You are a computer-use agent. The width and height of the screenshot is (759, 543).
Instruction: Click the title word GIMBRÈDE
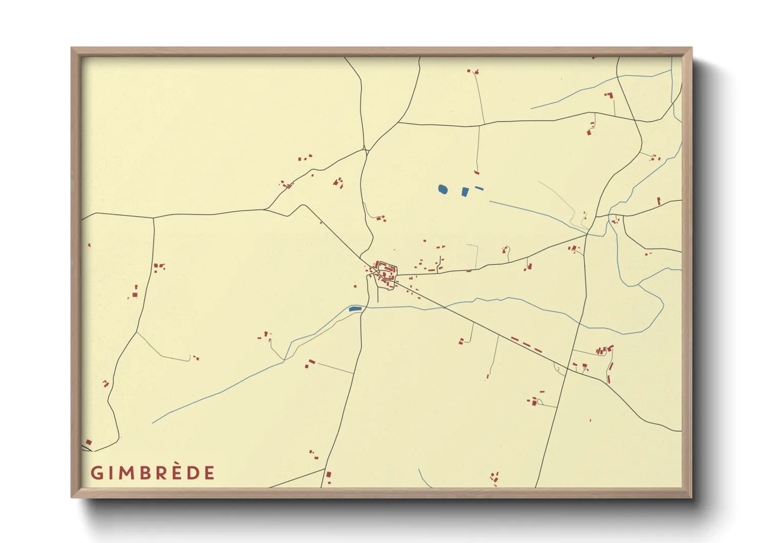click(x=153, y=473)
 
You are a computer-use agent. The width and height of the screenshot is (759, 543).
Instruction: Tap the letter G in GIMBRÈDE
click(x=96, y=473)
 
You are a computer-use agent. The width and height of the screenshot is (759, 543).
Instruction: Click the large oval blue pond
click(x=443, y=189)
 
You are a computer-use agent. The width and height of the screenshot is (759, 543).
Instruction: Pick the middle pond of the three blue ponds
click(x=465, y=192)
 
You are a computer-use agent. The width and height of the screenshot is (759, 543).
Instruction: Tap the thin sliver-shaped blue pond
click(x=479, y=188)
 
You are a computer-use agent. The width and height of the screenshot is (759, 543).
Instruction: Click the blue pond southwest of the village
click(x=354, y=308)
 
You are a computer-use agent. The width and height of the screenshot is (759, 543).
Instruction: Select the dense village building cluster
click(x=385, y=272)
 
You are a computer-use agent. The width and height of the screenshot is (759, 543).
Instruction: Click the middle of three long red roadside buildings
click(x=526, y=344)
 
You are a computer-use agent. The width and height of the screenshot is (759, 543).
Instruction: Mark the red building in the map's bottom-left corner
click(x=89, y=442)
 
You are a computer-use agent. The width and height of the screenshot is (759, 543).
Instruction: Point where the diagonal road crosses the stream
click(x=444, y=306)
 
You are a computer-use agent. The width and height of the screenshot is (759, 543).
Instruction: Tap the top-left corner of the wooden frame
click(x=72, y=48)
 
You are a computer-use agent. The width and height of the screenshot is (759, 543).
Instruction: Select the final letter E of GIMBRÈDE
click(x=209, y=473)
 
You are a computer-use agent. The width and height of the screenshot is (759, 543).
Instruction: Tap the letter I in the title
click(x=109, y=473)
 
